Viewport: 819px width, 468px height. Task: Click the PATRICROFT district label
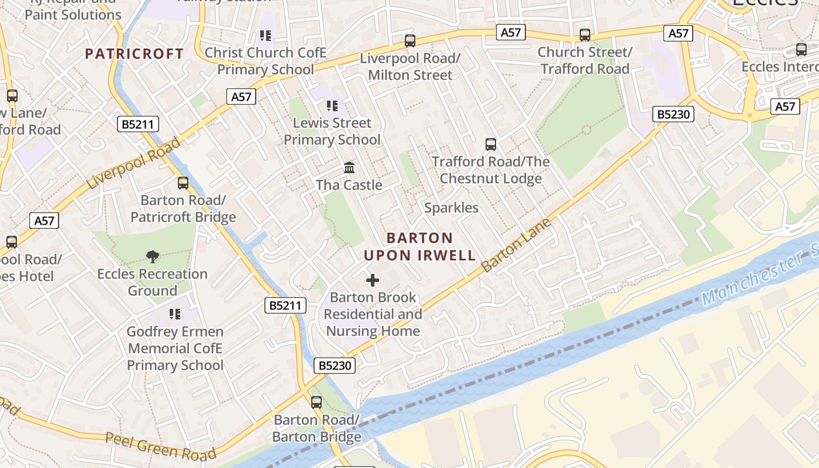point(135,54)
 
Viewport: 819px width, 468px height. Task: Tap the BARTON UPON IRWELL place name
point(419,246)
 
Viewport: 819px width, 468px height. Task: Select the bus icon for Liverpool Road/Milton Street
point(410,41)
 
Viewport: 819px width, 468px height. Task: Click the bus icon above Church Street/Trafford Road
point(585,35)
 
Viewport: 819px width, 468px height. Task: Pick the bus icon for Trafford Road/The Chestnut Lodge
point(491,144)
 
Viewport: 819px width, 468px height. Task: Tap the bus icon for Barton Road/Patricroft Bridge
point(183,183)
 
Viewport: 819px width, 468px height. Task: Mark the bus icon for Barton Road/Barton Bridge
point(316,402)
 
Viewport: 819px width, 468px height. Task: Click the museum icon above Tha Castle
point(349,168)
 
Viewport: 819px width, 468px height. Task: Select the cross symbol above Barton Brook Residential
point(373,280)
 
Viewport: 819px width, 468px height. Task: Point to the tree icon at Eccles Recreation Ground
point(153,256)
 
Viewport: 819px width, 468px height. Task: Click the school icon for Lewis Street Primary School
point(332,106)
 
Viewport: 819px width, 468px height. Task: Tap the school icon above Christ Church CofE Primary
point(266,36)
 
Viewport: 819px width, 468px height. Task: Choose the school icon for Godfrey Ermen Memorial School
point(175,314)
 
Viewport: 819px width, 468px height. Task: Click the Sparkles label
point(451,208)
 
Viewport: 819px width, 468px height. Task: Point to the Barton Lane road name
point(516,245)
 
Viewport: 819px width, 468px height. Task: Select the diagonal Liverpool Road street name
point(133,163)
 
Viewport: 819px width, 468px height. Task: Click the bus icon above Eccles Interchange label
point(801,50)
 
